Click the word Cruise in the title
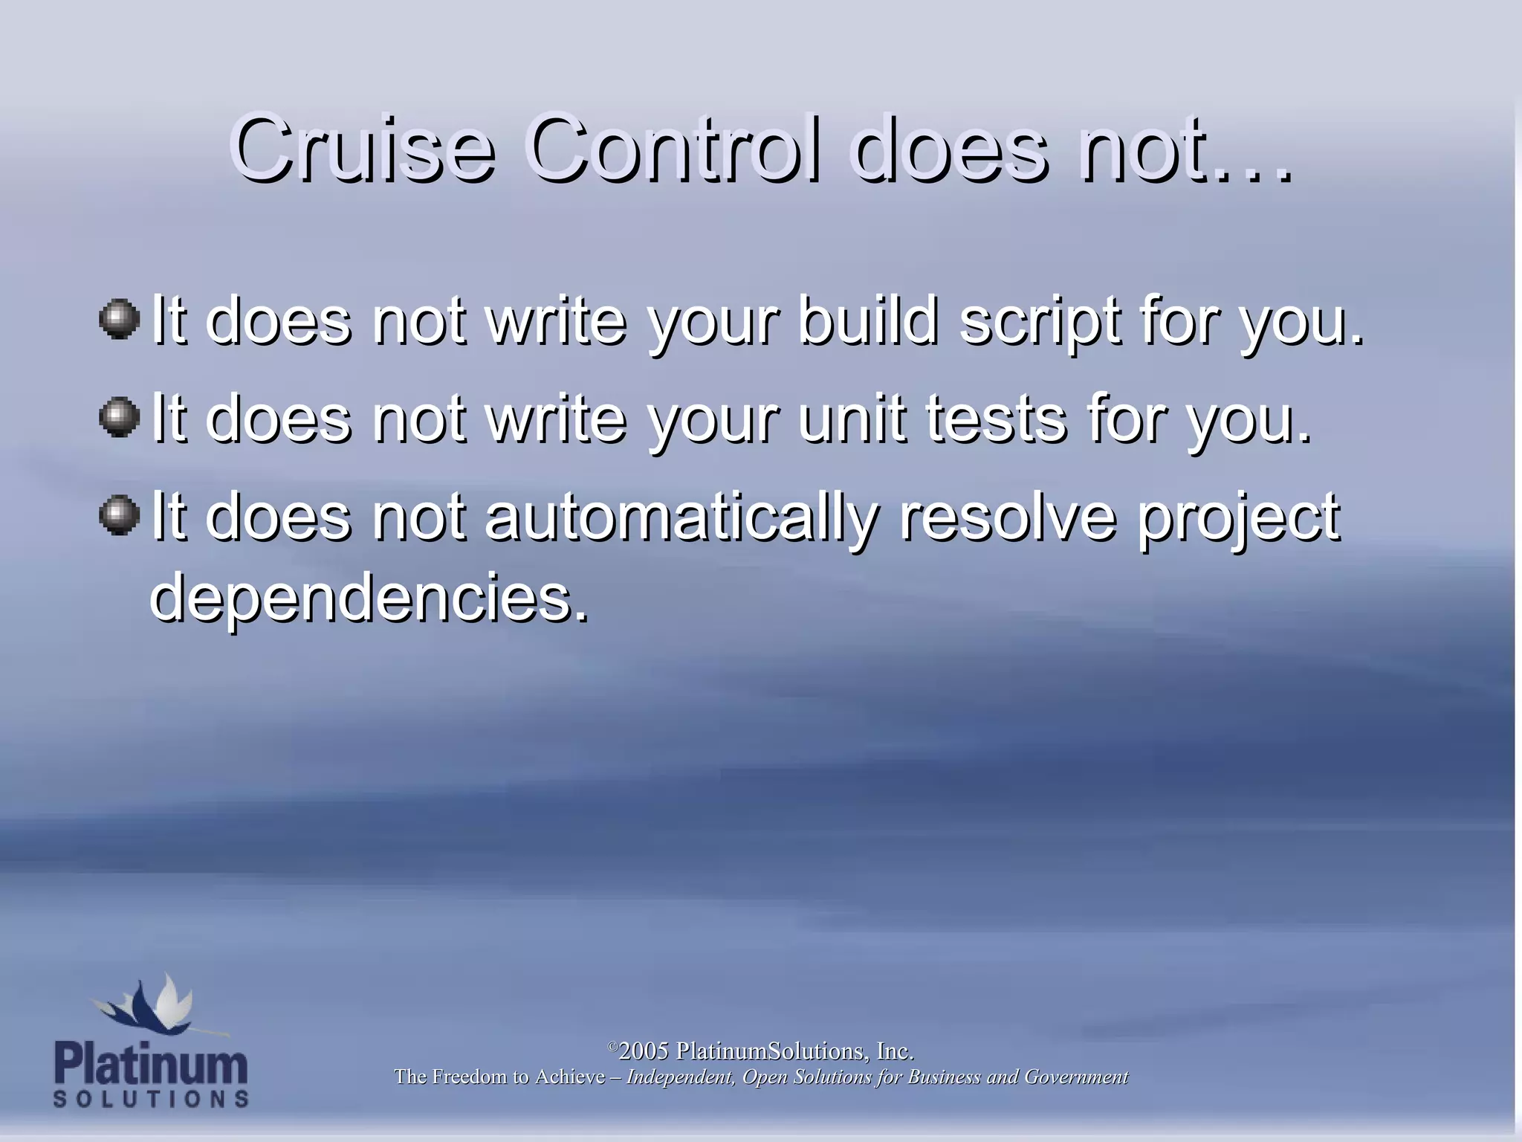tap(362, 149)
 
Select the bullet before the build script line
tap(119, 320)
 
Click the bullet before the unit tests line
tap(119, 418)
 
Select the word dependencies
tap(369, 599)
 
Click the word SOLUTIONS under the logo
tap(151, 1099)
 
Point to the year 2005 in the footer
tap(644, 1051)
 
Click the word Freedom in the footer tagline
tap(467, 1077)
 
